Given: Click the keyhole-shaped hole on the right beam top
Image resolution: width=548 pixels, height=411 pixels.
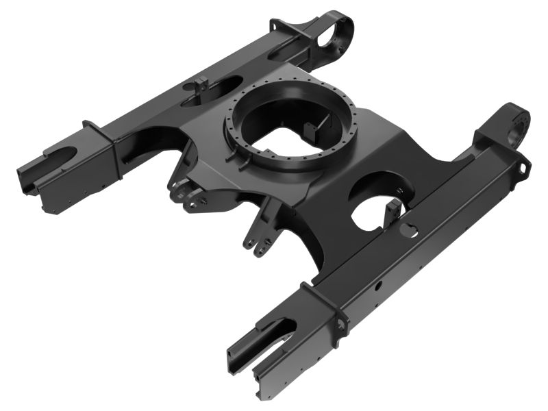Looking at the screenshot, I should click(409, 228).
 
